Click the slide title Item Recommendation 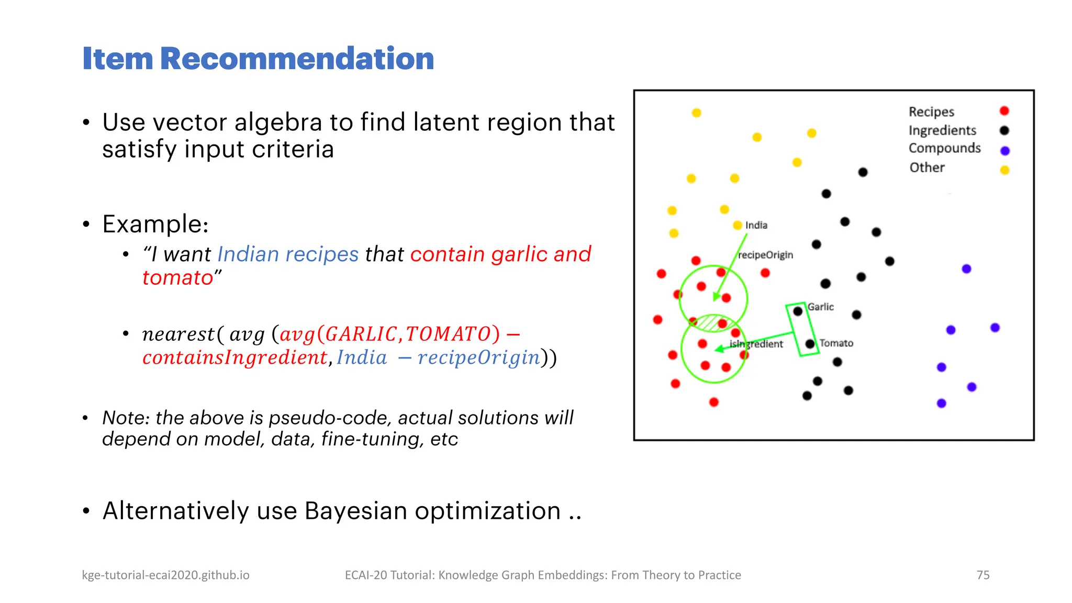258,58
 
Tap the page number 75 982,575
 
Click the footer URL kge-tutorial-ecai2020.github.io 165,575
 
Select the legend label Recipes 931,112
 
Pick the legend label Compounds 944,148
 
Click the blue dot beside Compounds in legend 1004,151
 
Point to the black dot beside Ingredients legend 1004,130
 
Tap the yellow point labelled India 737,225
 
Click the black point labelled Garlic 797,311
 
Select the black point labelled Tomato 810,344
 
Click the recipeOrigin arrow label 765,255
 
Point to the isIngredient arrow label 756,344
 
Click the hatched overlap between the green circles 712,322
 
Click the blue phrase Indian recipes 288,254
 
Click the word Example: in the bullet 155,224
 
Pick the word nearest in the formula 178,334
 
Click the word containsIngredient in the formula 234,358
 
